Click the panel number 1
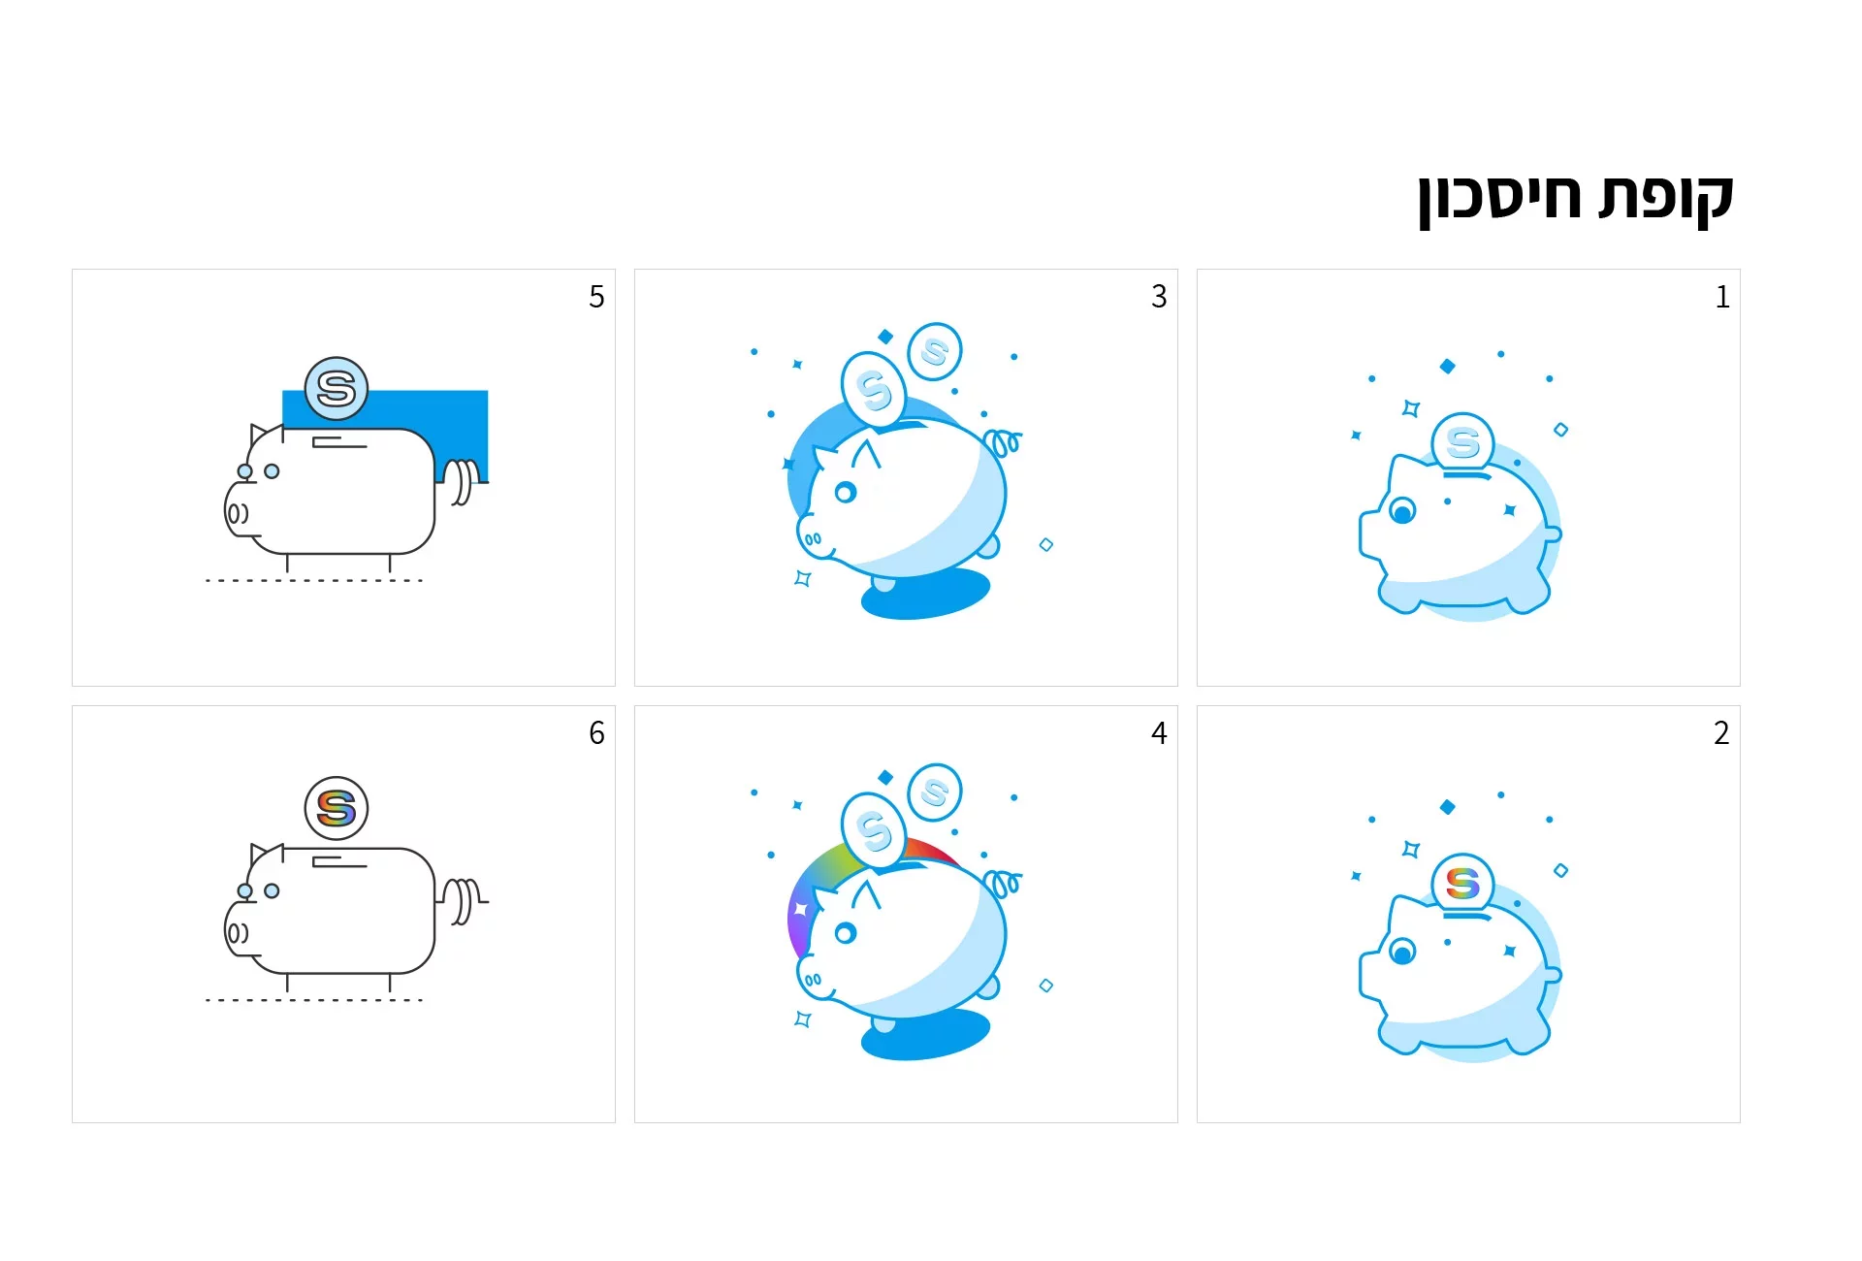coord(1722,297)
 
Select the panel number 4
coord(1159,733)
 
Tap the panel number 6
coord(596,733)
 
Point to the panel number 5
coord(596,297)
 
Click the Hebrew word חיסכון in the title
coord(1499,199)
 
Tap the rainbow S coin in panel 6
coord(337,808)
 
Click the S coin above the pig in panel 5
coord(337,388)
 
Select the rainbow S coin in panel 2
coord(1462,883)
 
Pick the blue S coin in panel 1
coord(1462,442)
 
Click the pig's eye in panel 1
coord(1402,510)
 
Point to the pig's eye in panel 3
coord(846,493)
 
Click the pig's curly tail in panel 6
coord(464,902)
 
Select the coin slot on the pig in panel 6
coord(339,861)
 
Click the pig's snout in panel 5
coord(238,512)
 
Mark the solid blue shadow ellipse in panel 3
coord(926,594)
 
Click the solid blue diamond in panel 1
coord(1448,366)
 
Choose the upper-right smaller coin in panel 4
coord(935,792)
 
